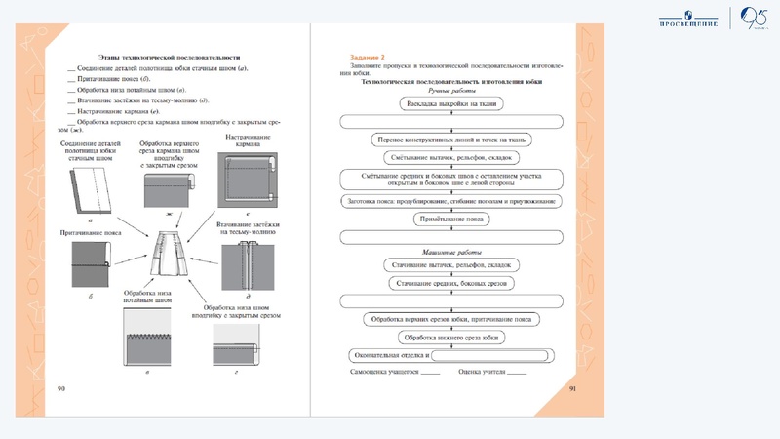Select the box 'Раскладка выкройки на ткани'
click(x=449, y=101)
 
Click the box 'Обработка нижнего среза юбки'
click(x=449, y=336)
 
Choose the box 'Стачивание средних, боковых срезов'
click(x=449, y=282)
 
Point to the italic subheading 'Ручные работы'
click(x=449, y=90)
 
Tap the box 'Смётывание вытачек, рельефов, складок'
click(x=449, y=157)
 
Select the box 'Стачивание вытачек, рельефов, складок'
click(x=449, y=264)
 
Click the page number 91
click(x=572, y=388)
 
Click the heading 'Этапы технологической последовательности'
click(x=164, y=59)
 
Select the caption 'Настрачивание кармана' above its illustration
click(x=238, y=142)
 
